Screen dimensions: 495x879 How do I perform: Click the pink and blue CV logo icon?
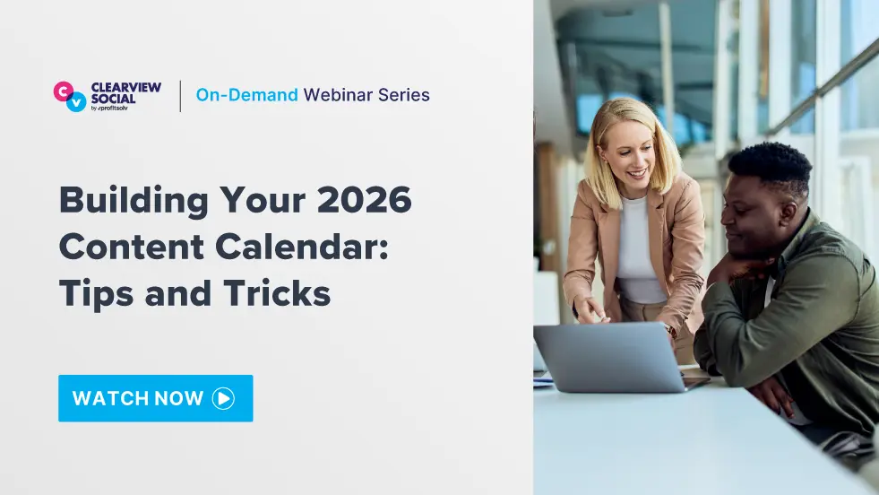[x=70, y=96]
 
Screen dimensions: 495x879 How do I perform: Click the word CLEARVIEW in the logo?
[x=126, y=87]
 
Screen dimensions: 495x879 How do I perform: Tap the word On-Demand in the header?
[x=246, y=95]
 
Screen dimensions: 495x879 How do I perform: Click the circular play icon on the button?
[x=223, y=398]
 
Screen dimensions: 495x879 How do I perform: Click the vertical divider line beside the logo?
[x=180, y=96]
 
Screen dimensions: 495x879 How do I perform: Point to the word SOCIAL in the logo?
[x=114, y=99]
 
